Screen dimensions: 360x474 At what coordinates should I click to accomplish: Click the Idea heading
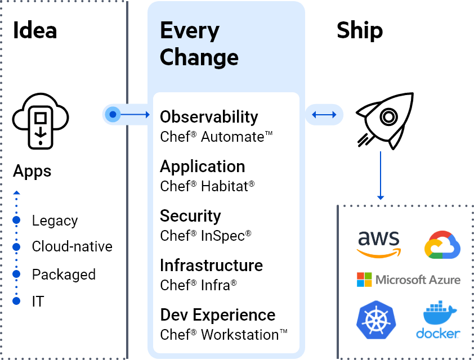pyautogui.click(x=35, y=30)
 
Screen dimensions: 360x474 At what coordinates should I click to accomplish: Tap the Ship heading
pyautogui.click(x=360, y=30)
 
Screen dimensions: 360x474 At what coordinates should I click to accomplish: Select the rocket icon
pyautogui.click(x=385, y=119)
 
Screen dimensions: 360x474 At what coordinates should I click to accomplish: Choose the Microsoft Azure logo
pyautogui.click(x=409, y=280)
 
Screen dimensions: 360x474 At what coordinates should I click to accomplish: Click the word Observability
pyautogui.click(x=209, y=117)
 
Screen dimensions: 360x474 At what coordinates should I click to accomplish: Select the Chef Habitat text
pyautogui.click(x=207, y=186)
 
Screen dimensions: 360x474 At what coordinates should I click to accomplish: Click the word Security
pyautogui.click(x=190, y=216)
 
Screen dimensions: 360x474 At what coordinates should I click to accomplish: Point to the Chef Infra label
pyautogui.click(x=198, y=285)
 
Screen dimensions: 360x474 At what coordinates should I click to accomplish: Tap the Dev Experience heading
pyautogui.click(x=217, y=315)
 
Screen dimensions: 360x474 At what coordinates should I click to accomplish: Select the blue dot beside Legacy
pyautogui.click(x=16, y=220)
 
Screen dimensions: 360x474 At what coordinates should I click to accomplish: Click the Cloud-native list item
pyautogui.click(x=72, y=246)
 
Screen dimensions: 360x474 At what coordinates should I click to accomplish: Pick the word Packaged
pyautogui.click(x=64, y=274)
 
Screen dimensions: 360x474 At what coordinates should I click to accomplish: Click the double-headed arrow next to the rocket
pyautogui.click(x=324, y=115)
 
